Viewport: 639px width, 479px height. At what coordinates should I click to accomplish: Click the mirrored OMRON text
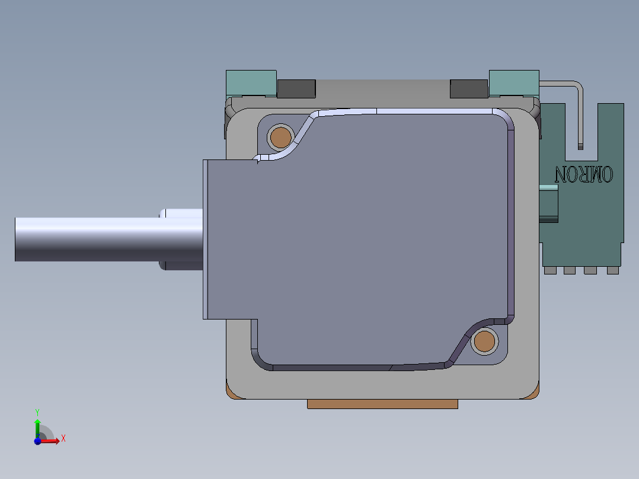(583, 174)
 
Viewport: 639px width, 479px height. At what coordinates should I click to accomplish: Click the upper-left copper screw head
(280, 138)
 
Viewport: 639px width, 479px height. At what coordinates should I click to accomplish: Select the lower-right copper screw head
(484, 341)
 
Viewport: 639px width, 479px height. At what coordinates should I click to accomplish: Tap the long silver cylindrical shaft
(109, 239)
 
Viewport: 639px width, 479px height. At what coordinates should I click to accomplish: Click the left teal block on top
(251, 83)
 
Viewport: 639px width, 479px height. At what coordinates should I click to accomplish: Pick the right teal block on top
(514, 83)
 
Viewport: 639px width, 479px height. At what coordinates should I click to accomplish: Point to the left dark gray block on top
(296, 88)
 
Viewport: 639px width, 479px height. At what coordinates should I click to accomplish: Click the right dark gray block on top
(469, 88)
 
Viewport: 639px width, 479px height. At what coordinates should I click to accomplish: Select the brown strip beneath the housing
(382, 404)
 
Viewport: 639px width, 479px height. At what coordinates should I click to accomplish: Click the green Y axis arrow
(37, 428)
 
